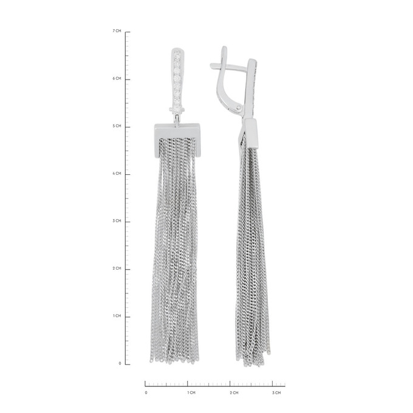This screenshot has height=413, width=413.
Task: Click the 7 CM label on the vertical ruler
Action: (x=117, y=31)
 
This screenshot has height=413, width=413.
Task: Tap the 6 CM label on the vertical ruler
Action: (x=117, y=78)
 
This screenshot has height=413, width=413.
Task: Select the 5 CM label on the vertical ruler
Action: (x=117, y=126)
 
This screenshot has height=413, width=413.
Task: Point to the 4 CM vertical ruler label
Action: (x=117, y=173)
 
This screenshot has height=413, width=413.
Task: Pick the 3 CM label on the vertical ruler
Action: (x=117, y=220)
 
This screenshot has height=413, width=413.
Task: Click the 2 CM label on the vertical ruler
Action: (x=117, y=268)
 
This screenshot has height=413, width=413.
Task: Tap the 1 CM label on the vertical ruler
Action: (x=117, y=316)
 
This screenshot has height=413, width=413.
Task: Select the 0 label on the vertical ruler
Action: (x=120, y=363)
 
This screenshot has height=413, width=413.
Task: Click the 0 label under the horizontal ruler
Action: (x=146, y=393)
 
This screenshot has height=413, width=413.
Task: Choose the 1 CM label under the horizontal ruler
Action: (x=191, y=393)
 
